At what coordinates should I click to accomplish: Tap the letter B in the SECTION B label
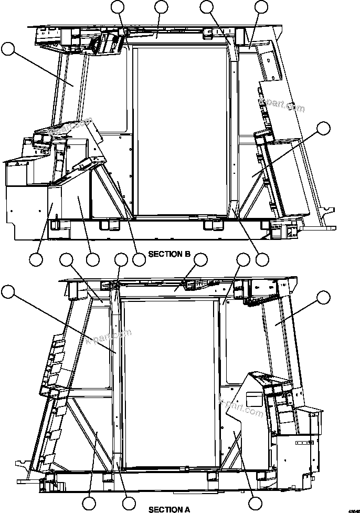point(187,254)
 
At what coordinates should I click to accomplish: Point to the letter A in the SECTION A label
point(187,509)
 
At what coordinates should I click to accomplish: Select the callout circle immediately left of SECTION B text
point(139,259)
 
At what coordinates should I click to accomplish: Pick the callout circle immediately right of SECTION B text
point(201,259)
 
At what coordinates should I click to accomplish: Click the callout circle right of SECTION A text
point(255,503)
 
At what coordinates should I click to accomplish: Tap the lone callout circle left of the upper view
point(8,50)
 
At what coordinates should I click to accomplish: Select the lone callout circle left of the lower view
point(8,290)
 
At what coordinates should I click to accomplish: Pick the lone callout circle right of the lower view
point(324,298)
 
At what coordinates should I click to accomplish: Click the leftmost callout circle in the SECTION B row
point(36,259)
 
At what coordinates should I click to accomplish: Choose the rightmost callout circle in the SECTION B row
point(262,259)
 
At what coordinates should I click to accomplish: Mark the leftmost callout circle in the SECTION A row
point(89,503)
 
